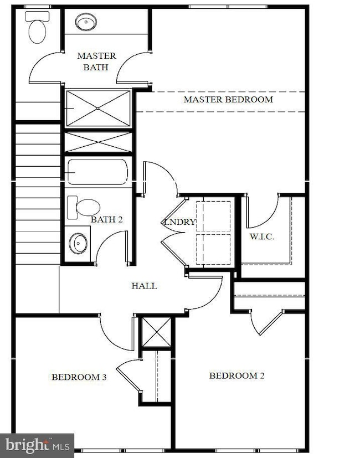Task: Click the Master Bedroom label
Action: (x=228, y=100)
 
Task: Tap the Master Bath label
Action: (x=97, y=61)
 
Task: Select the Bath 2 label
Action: (x=107, y=219)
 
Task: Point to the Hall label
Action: (x=144, y=286)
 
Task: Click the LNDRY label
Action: (x=179, y=222)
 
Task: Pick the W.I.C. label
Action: (x=262, y=236)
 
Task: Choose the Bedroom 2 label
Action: (x=237, y=375)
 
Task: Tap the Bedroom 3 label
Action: (x=79, y=377)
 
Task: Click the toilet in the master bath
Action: (x=37, y=27)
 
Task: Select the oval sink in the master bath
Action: (x=86, y=22)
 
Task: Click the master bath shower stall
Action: (x=98, y=109)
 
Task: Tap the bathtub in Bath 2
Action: (x=98, y=172)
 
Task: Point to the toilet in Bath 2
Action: (x=84, y=207)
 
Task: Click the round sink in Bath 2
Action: (x=78, y=243)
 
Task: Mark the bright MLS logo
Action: (x=37, y=446)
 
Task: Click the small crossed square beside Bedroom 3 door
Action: (x=157, y=332)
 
